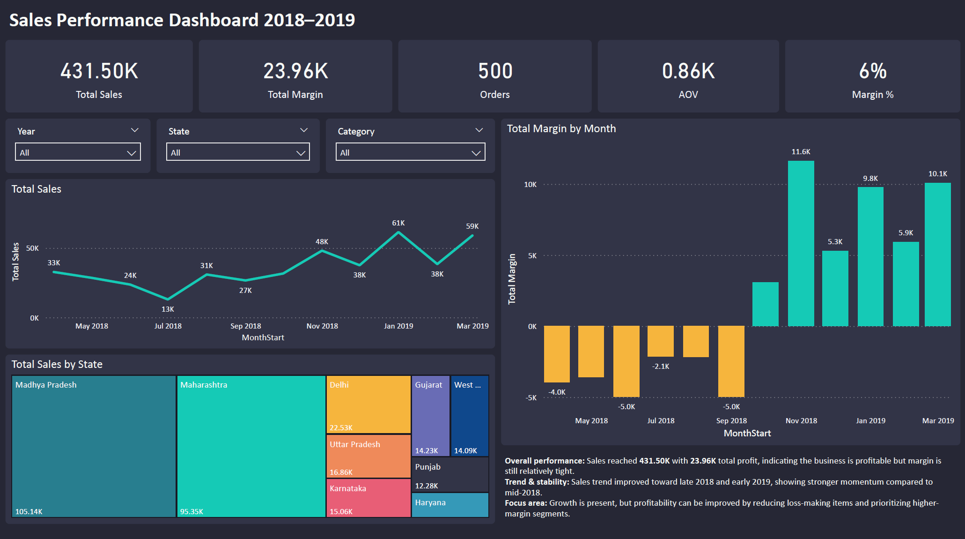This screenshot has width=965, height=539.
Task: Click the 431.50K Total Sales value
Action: pyautogui.click(x=99, y=71)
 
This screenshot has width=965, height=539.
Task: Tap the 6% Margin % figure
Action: pyautogui.click(x=872, y=71)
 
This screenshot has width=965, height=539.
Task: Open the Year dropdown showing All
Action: pyautogui.click(x=78, y=152)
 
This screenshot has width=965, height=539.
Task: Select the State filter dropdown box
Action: pyautogui.click(x=238, y=152)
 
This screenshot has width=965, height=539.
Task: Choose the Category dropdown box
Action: pyautogui.click(x=410, y=152)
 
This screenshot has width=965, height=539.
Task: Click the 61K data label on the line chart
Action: pyautogui.click(x=398, y=223)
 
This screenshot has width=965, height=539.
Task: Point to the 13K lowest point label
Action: pyautogui.click(x=168, y=309)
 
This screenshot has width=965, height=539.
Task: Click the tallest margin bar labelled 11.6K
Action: pyautogui.click(x=801, y=244)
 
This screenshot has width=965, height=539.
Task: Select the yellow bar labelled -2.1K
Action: pyautogui.click(x=660, y=341)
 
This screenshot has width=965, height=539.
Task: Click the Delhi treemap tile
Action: pyautogui.click(x=368, y=404)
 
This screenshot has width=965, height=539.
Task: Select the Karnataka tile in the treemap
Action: pyautogui.click(x=368, y=498)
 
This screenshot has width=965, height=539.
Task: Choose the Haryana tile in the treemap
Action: pyautogui.click(x=450, y=505)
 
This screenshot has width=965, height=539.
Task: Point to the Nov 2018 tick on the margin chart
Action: pyautogui.click(x=801, y=421)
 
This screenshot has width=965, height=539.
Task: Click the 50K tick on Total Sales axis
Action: pyautogui.click(x=32, y=248)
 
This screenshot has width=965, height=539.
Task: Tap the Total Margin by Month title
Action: pyautogui.click(x=561, y=129)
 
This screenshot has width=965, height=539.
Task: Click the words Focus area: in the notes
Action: pyautogui.click(x=525, y=503)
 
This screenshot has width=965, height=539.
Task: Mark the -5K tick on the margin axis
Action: pyautogui.click(x=531, y=398)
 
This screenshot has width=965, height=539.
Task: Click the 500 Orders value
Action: pyautogui.click(x=495, y=71)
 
